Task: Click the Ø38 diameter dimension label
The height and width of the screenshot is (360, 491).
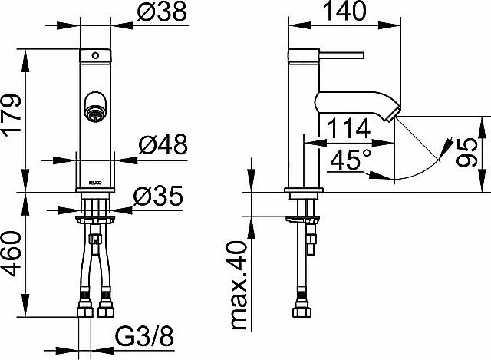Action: (162, 12)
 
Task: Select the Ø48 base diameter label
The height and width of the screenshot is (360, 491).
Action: (163, 144)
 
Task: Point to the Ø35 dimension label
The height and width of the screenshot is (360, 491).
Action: (158, 196)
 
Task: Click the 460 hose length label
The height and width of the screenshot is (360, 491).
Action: (12, 253)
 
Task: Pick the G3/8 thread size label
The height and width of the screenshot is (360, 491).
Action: (144, 337)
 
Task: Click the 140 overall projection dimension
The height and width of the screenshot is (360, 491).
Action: (344, 11)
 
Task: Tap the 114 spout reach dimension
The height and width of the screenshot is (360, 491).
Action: (348, 128)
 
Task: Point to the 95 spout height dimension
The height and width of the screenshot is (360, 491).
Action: (466, 153)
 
